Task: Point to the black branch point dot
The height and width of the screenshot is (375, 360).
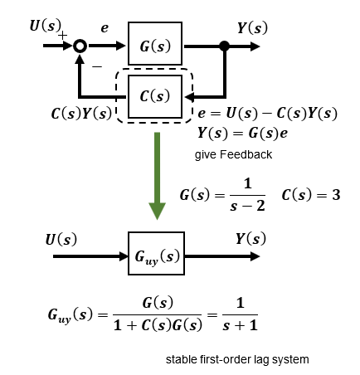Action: (x=225, y=46)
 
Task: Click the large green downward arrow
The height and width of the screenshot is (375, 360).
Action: (x=157, y=176)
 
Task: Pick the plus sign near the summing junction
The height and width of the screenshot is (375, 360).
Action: (x=63, y=36)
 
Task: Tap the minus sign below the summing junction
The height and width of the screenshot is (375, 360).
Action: (x=97, y=66)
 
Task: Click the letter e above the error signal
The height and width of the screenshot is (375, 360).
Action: (x=105, y=28)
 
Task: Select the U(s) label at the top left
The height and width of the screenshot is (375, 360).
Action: (x=46, y=26)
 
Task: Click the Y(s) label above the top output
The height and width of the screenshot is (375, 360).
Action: (x=252, y=28)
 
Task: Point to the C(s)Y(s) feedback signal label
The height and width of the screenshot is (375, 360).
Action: (x=81, y=114)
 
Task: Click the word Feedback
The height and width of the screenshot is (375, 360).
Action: (x=246, y=154)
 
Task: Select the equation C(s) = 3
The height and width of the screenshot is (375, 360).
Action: (x=311, y=195)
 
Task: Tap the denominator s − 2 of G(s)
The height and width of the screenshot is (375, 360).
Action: (x=247, y=206)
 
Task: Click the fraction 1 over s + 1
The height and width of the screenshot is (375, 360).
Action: (x=240, y=314)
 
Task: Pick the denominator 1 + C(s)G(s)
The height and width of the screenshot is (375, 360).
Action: (x=158, y=325)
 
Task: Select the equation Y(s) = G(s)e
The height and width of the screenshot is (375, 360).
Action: (x=242, y=133)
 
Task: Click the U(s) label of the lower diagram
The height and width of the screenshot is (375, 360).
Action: (x=61, y=239)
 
